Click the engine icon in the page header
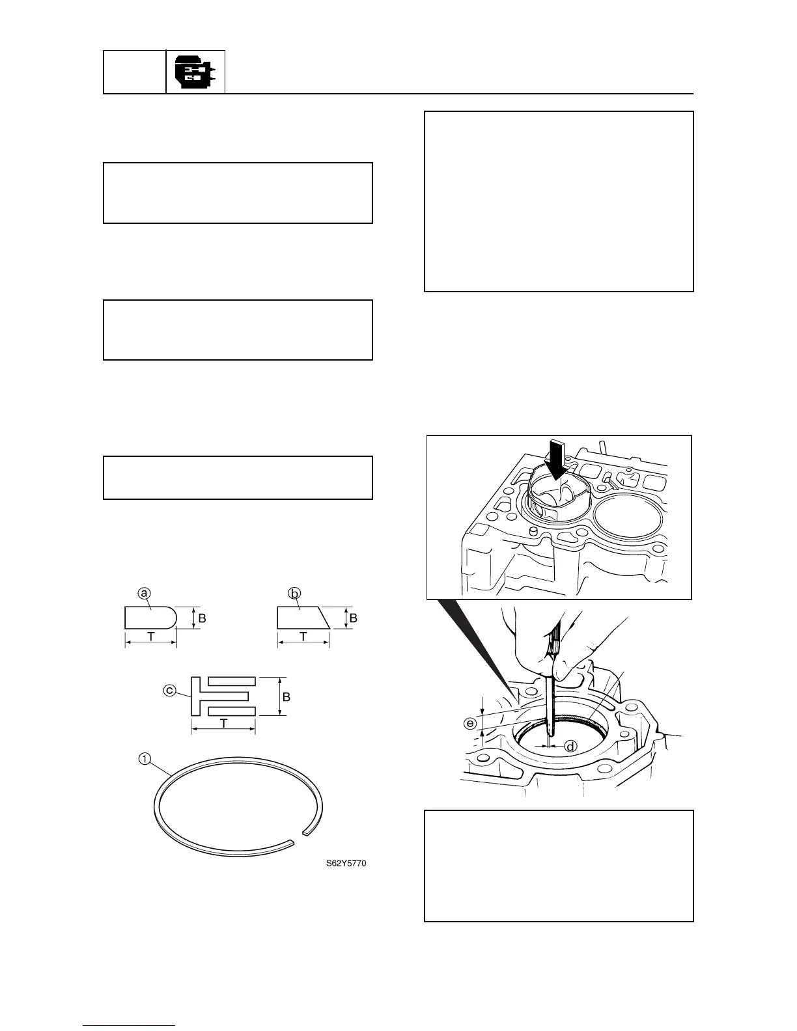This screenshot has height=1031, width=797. point(195,72)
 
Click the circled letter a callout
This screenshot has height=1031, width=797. point(144,593)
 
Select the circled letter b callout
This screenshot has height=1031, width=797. point(294,593)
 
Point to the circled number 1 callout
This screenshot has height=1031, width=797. point(145,758)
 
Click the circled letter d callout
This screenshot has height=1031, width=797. point(570,746)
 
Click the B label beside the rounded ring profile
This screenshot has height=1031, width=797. point(202,618)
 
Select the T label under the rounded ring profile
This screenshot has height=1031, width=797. point(150,638)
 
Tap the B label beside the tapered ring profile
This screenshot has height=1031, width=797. point(353,618)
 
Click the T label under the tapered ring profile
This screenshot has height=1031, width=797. point(303,638)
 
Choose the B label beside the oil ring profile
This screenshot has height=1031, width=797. point(286,696)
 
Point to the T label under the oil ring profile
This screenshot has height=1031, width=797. point(223,724)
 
